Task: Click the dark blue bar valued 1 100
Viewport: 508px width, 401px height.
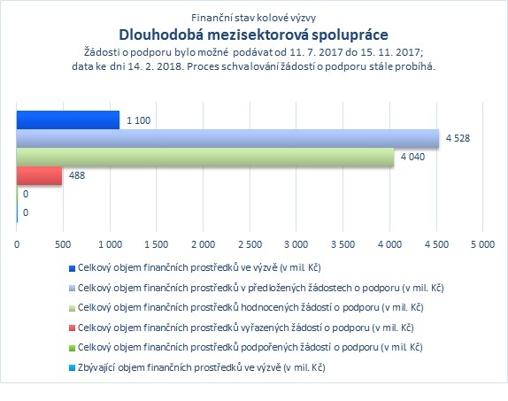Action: coord(68,120)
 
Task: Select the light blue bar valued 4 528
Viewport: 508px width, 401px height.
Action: coord(227,138)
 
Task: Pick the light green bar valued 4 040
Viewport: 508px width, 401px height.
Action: coord(205,158)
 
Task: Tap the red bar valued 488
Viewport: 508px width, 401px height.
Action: coord(39,175)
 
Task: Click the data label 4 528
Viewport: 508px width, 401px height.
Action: coord(458,138)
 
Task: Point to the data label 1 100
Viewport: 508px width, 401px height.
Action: coord(138,120)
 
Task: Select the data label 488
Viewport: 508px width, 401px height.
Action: coord(77,175)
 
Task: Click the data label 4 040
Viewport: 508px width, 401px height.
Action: coord(412,157)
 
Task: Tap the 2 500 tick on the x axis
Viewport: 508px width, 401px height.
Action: coord(250,244)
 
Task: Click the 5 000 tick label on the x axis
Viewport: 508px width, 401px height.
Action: coord(482,244)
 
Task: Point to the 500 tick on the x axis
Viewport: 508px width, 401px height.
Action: coord(63,244)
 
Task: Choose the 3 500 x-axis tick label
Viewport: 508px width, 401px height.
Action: coord(343,244)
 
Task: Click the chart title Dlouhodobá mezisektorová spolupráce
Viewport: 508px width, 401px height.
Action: coord(254,35)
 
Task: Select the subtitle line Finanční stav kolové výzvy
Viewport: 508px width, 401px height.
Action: coord(254,18)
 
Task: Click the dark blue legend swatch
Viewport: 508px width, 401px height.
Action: coord(72,268)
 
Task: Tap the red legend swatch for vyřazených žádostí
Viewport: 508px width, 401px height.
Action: coord(72,328)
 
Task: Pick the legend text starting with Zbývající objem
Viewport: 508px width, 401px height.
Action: coord(202,367)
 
